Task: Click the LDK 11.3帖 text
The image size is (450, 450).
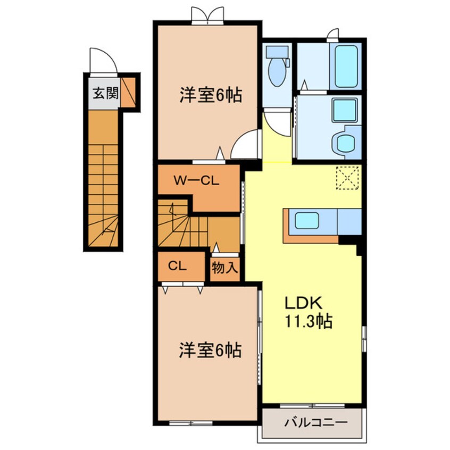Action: point(307,313)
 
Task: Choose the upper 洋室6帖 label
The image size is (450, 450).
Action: point(211,95)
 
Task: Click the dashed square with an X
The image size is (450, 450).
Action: point(348,177)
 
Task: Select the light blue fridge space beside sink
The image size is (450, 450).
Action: point(349,221)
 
